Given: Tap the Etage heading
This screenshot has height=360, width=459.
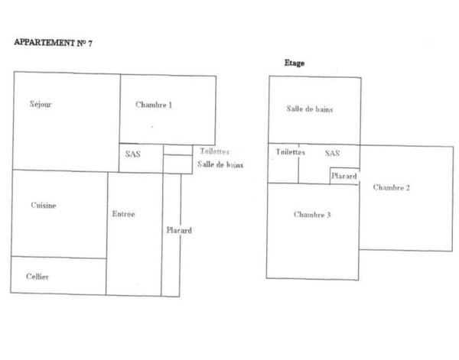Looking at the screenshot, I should (x=294, y=63).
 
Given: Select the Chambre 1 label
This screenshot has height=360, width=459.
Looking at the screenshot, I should (x=154, y=105).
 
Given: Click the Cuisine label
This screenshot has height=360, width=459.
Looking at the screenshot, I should (x=44, y=205).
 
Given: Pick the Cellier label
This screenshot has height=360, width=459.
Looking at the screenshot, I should (x=37, y=277).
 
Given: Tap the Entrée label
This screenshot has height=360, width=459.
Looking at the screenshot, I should (x=123, y=214).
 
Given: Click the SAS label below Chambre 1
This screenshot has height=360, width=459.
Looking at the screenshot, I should (x=132, y=154).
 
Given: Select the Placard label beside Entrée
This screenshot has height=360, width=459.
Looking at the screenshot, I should (x=179, y=230).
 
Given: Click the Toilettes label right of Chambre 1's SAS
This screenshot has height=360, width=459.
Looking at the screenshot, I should (x=214, y=152).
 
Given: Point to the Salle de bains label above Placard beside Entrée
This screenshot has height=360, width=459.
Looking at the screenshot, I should (x=220, y=164).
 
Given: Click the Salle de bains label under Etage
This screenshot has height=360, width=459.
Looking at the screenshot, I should (x=310, y=109).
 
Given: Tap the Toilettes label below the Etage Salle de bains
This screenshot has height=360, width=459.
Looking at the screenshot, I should (x=291, y=153).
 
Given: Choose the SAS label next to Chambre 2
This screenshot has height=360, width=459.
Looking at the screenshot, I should (x=332, y=153).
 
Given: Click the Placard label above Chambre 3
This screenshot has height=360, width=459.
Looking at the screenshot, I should (x=344, y=176).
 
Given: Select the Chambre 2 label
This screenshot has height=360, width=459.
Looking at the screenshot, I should (x=392, y=188).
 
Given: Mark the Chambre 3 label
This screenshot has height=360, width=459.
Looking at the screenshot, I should (x=312, y=215).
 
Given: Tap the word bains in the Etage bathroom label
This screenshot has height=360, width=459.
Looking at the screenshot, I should (x=324, y=109).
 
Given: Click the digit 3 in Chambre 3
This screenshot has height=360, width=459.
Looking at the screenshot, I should (x=328, y=215).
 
